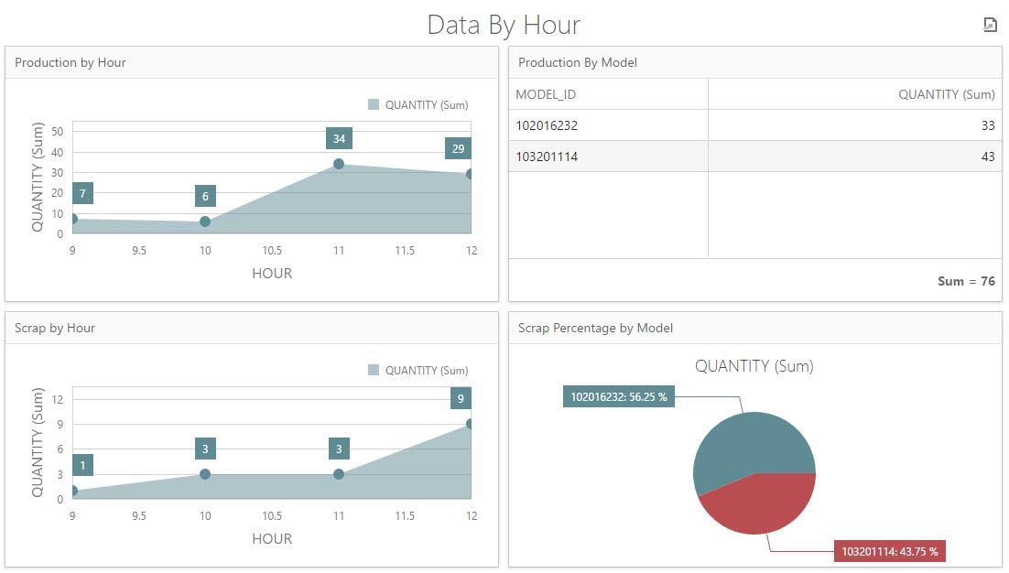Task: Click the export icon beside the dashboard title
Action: tap(990, 25)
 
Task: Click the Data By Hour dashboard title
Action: tap(504, 25)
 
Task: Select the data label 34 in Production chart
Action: tap(339, 139)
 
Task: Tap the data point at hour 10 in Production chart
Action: tap(205, 222)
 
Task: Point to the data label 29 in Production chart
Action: tap(458, 148)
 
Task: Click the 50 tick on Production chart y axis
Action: tap(58, 131)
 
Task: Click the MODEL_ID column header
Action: tap(546, 94)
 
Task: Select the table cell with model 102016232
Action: tap(547, 125)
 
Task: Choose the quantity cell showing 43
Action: tap(987, 157)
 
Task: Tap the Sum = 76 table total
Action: tap(966, 281)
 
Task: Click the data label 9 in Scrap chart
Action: tap(461, 398)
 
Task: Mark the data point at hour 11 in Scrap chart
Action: tap(339, 474)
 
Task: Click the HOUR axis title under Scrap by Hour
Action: tap(272, 538)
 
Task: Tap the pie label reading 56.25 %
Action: tap(619, 396)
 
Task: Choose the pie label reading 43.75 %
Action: tap(889, 551)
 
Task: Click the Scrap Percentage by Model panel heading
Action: tap(595, 328)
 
